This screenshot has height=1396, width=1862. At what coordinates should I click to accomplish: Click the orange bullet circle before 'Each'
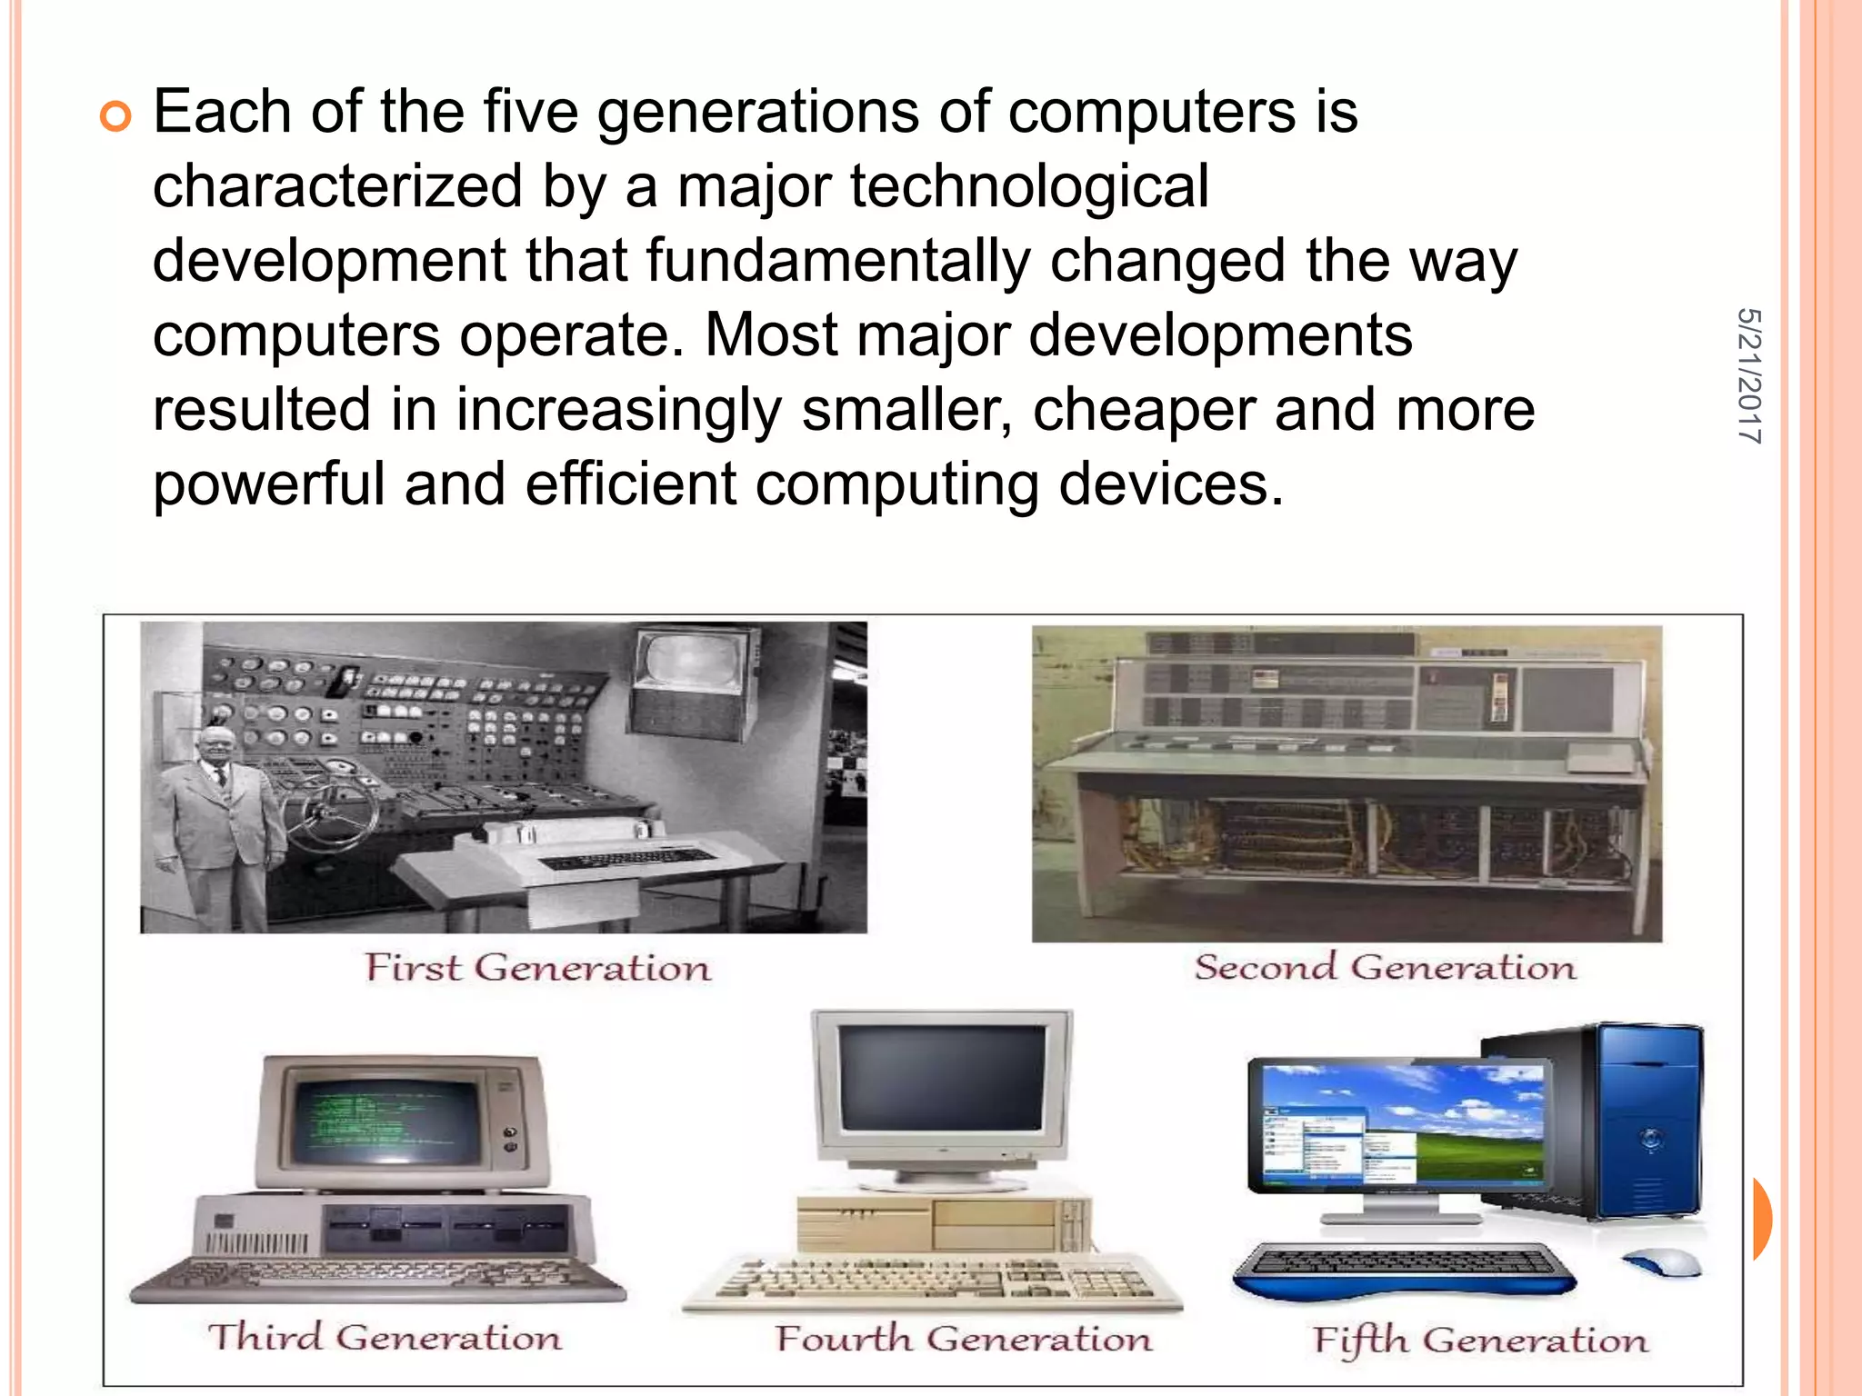(115, 116)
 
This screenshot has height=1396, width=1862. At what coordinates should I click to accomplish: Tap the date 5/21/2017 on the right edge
(1748, 375)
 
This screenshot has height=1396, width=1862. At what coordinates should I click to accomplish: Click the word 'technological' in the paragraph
(1029, 187)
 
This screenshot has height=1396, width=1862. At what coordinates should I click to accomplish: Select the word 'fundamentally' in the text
(838, 262)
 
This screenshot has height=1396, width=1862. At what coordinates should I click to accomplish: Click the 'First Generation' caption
(537, 967)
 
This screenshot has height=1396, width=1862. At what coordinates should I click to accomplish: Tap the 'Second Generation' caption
(1385, 967)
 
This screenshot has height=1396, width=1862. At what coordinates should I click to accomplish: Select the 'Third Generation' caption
(385, 1337)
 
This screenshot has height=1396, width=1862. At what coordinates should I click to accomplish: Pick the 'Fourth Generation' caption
(963, 1339)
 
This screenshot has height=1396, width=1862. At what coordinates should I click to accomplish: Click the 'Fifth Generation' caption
(1479, 1341)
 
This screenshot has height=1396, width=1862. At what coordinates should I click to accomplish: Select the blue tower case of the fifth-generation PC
(1647, 1122)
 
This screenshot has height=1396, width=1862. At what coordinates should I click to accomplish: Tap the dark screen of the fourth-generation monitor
(942, 1078)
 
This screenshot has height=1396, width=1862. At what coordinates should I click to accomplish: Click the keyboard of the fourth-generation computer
(932, 1281)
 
